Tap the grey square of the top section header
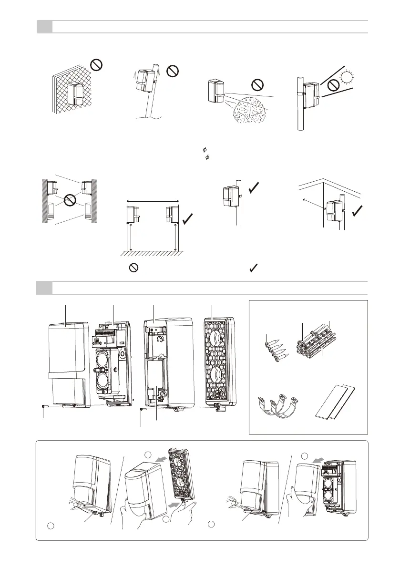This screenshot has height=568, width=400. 44,27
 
